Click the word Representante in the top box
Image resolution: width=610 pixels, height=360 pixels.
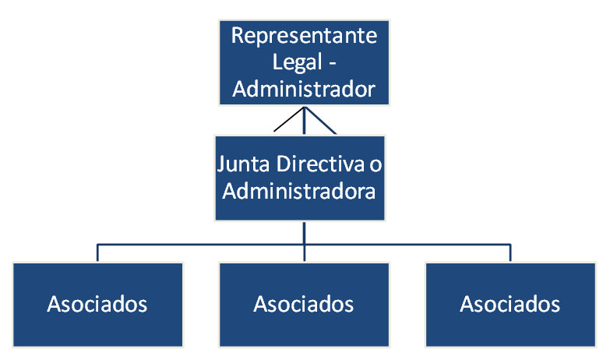pos(304,36)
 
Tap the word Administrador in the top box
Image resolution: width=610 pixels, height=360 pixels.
pos(304,89)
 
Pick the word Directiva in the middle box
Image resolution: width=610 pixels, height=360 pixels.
pos(321,165)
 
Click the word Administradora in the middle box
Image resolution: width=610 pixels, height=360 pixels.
pos(304,192)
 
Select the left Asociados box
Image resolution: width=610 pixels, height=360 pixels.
pos(97,304)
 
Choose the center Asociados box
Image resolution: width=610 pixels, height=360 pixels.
pos(304,304)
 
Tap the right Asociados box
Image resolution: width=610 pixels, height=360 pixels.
pos(510,304)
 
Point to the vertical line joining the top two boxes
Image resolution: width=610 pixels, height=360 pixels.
pos(304,121)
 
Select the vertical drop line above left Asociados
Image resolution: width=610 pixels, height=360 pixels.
pos(97,253)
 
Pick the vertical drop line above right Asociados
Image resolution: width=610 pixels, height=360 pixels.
pos(510,253)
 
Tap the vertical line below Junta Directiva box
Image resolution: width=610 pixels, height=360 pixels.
pos(304,232)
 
